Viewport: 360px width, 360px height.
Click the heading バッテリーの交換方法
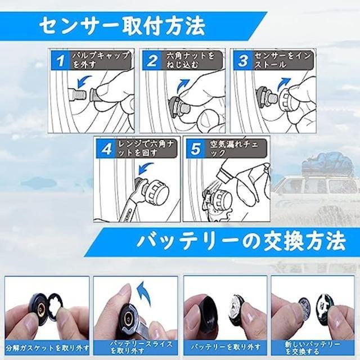pos(240,242)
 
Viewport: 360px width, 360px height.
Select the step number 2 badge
pos(151,60)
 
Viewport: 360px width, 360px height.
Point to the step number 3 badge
pos(243,60)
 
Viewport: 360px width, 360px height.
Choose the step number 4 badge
pos(105,148)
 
